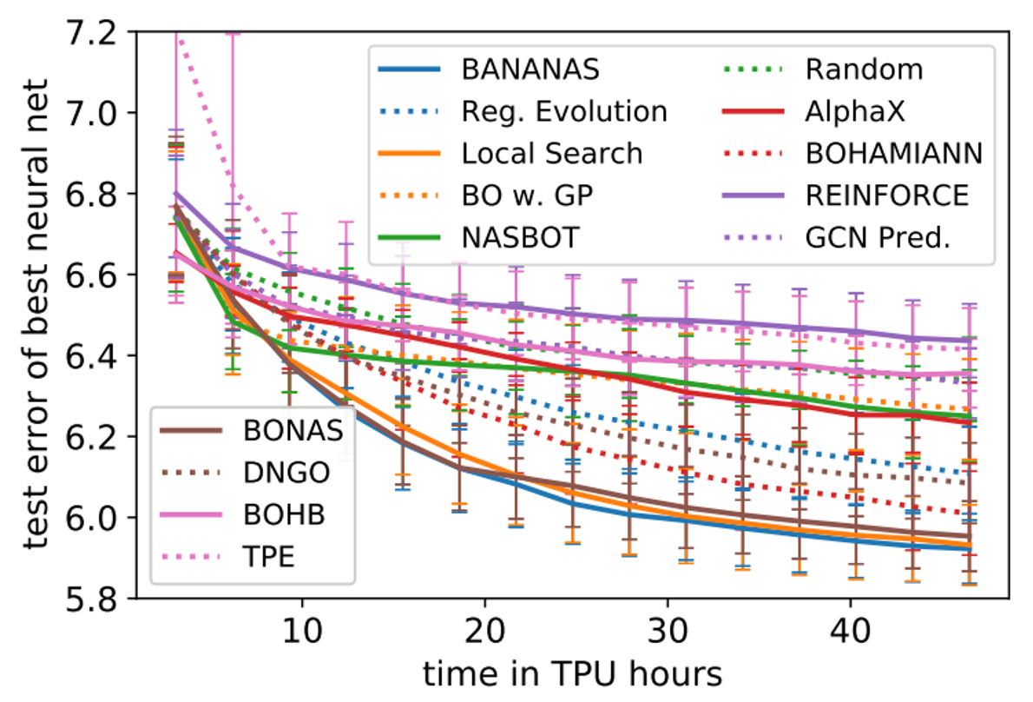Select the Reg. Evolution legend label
click(x=564, y=111)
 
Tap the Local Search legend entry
click(x=552, y=154)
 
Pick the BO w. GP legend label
click(x=528, y=195)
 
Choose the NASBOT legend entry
click(x=519, y=237)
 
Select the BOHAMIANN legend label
click(x=894, y=154)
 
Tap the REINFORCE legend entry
click(x=887, y=195)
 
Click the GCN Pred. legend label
click(x=877, y=237)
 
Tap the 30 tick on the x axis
click(x=668, y=628)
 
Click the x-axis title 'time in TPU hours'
click(x=572, y=673)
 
